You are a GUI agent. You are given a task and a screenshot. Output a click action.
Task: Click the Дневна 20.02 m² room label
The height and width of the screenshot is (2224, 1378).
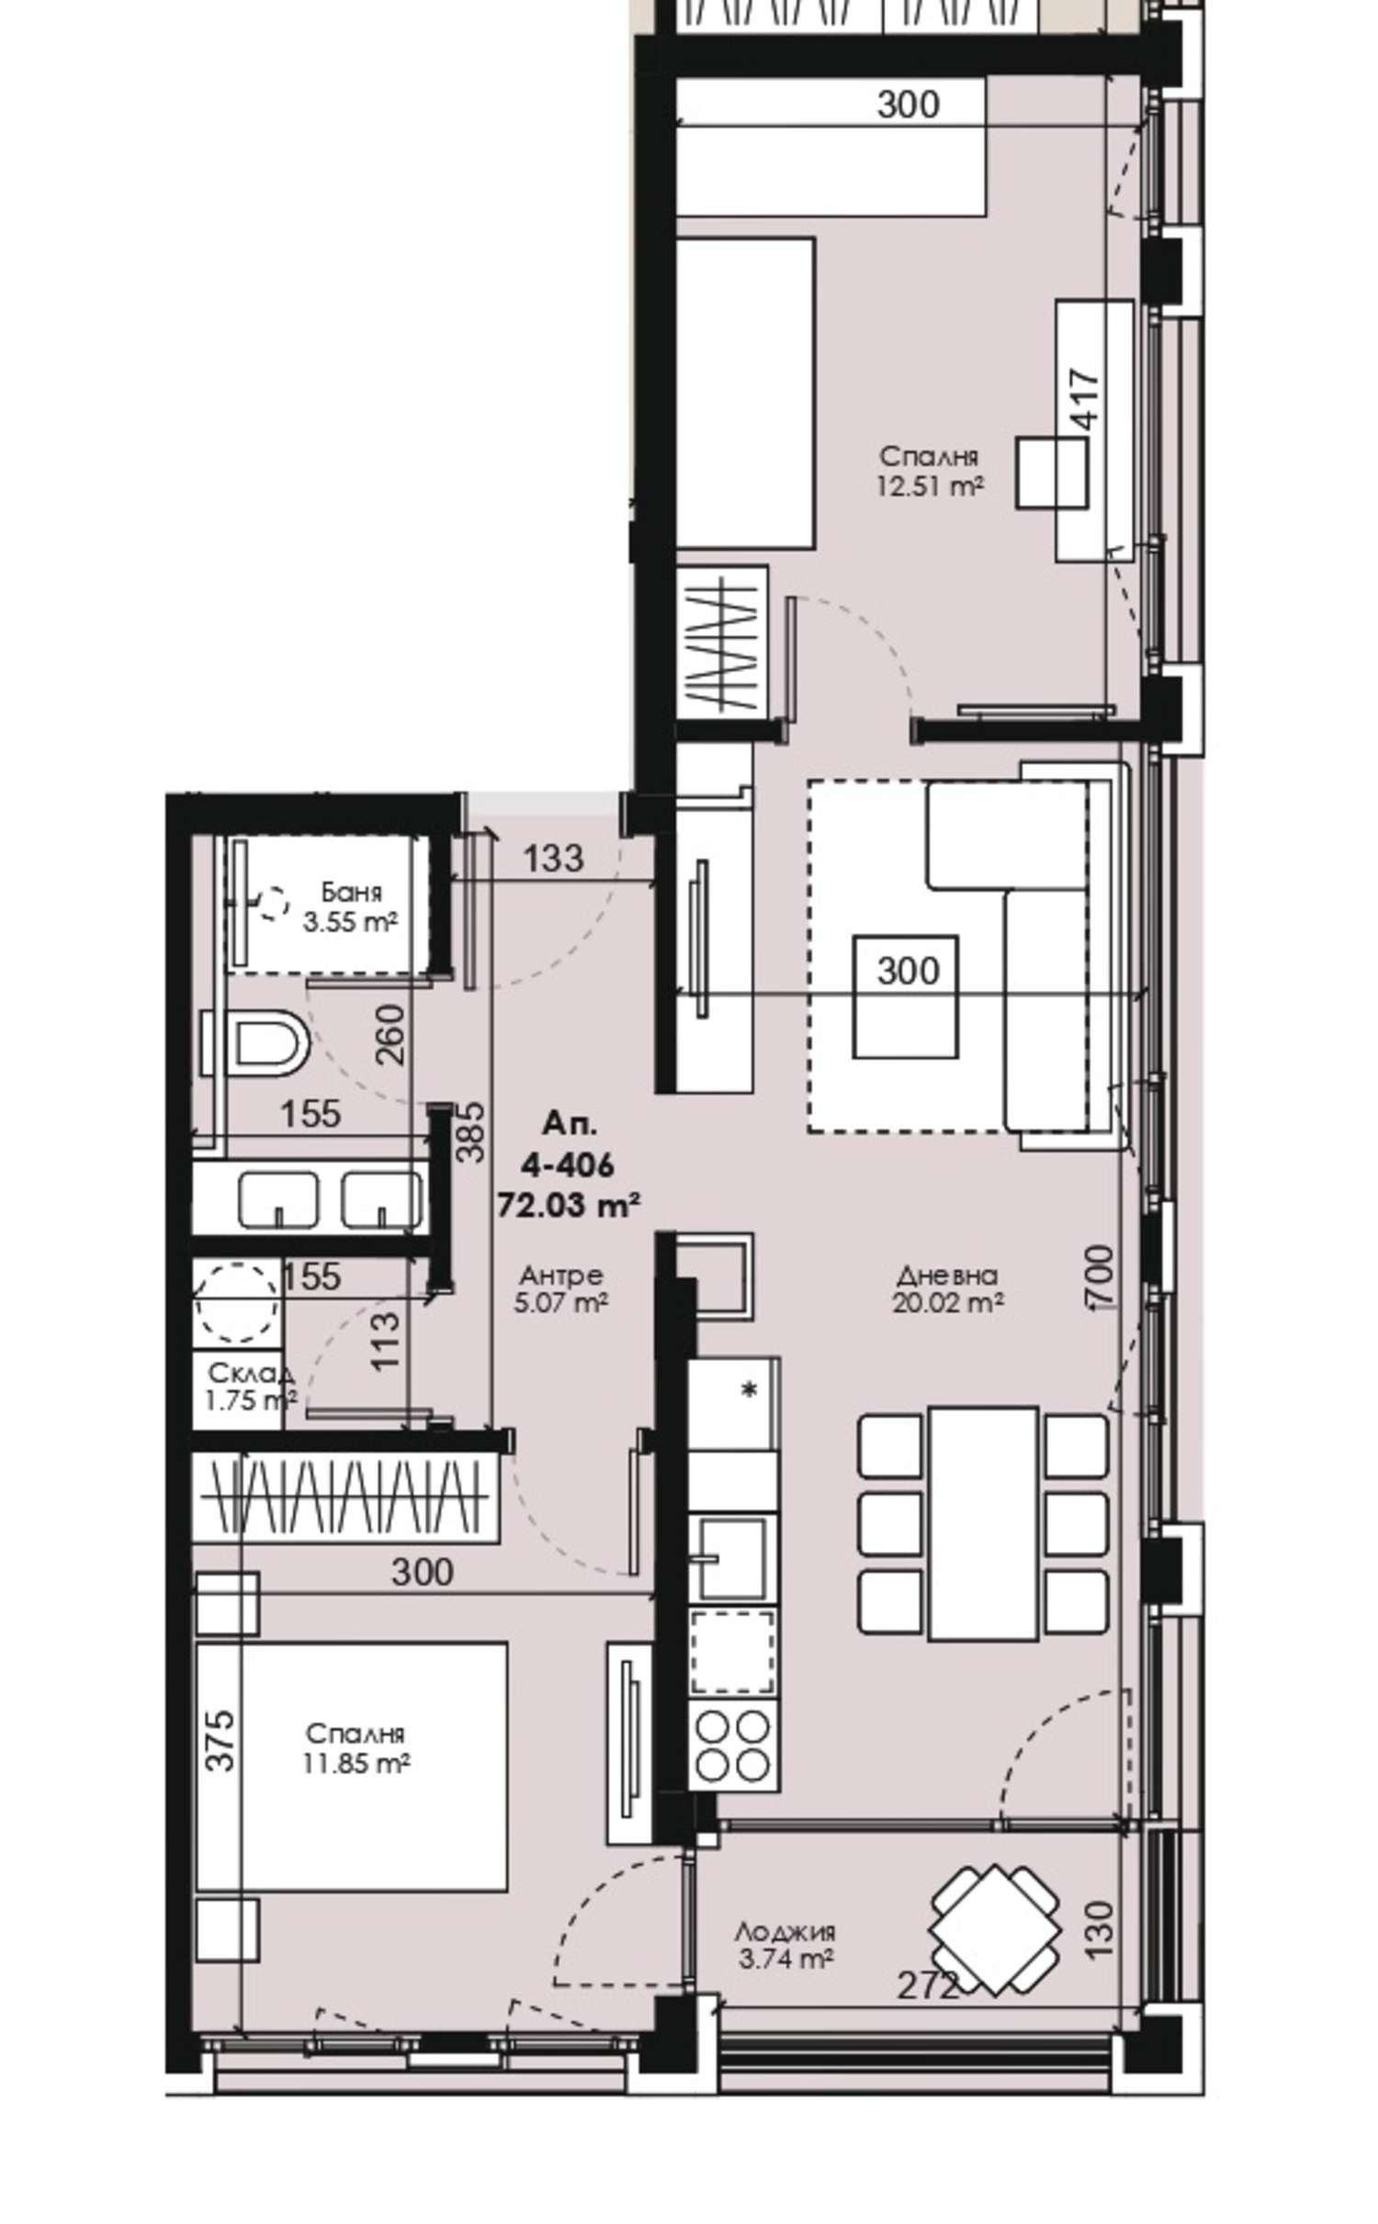947,1288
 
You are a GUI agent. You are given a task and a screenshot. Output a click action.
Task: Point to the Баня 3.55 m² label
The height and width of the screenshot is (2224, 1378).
350,906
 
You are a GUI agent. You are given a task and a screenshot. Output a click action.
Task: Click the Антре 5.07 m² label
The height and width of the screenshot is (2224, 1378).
560,1288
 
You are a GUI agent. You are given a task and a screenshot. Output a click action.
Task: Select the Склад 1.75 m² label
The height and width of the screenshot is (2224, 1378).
251,1386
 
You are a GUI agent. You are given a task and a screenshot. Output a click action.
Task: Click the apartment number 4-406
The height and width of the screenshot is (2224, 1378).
567,1165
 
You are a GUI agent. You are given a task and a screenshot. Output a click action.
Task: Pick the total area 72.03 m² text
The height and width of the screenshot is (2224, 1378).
568,1204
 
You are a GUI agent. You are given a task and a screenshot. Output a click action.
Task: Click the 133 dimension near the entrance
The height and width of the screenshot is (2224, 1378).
553,858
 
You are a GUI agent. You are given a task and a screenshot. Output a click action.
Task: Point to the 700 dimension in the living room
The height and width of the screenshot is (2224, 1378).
1100,1275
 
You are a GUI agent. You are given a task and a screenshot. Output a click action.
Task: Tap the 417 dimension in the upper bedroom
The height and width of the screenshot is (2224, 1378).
1085,399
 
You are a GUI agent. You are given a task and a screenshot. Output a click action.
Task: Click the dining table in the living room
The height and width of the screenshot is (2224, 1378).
982,1523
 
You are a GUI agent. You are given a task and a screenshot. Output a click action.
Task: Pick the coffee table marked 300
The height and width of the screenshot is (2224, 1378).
906,996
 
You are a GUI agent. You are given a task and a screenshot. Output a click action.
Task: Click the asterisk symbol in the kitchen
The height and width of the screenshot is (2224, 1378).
750,1390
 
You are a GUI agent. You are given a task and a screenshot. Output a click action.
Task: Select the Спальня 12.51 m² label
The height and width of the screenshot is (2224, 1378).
930,470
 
